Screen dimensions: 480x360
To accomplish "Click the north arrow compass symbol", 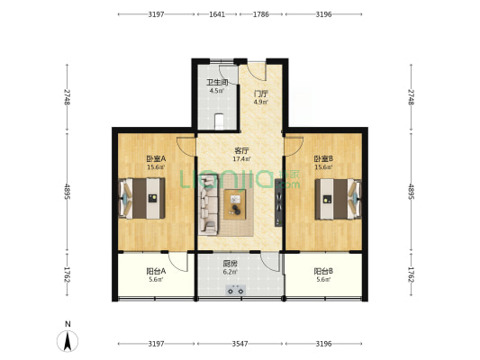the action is coord(68,340).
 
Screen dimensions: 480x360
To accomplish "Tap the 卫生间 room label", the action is coord(217,82).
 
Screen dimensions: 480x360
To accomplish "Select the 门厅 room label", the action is coord(260,94).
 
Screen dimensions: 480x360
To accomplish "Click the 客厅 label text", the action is coord(241,150).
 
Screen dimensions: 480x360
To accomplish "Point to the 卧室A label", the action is coord(156,158).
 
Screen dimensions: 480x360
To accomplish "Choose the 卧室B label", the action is coord(323,158).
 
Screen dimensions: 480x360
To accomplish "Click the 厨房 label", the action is coord(230,264).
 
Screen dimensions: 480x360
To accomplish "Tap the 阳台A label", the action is coord(156,271).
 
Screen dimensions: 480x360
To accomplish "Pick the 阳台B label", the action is coord(323,271).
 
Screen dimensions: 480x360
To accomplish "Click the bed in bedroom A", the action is coord(142,199).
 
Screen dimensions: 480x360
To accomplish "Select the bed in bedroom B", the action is coord(339,199).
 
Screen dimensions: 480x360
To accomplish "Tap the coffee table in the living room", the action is coord(235,204).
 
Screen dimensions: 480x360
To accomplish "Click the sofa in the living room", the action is coord(208,204).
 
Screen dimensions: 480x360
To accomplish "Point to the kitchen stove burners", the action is coord(235,290).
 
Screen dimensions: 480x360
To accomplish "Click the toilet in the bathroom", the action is coord(219,121).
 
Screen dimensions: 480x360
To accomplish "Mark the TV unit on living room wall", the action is coord(278,202).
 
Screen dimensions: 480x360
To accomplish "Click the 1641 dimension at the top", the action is coord(217,14).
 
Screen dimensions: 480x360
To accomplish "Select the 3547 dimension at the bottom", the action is coord(240,344).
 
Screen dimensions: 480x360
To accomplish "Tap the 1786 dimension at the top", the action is coord(261,14).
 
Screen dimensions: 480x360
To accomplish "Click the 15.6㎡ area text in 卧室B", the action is coord(323,167).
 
